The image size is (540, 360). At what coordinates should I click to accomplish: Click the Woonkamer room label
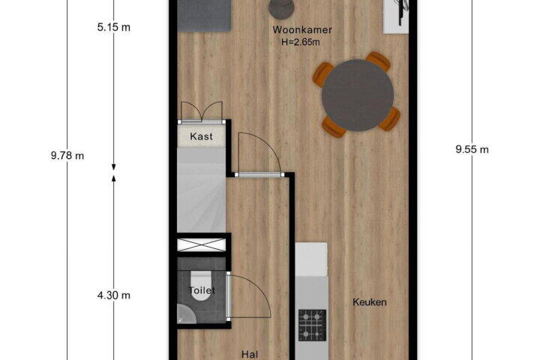302,30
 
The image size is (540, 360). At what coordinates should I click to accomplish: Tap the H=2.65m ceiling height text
300,42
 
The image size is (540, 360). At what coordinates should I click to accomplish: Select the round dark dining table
358,95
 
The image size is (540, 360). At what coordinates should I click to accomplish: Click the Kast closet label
201,136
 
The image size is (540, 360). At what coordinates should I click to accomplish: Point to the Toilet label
202,290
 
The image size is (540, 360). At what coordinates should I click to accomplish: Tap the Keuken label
370,302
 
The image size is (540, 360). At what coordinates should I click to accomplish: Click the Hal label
250,354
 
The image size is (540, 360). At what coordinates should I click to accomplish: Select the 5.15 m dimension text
114,27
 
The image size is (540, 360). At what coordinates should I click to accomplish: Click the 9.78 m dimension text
67,156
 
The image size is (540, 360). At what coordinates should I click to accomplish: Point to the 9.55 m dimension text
472,149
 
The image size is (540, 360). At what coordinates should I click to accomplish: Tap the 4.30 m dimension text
114,295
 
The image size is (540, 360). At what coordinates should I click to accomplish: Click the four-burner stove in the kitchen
312,325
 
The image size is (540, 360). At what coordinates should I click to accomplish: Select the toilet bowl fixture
202,285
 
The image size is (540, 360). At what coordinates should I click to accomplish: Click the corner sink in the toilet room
185,314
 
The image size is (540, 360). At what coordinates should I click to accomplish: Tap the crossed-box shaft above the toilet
202,244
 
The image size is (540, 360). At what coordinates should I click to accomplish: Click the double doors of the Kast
202,112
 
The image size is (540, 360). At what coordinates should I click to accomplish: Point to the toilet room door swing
250,296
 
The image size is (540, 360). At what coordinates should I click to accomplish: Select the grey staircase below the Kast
201,190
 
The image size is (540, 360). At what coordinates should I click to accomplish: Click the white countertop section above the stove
311,259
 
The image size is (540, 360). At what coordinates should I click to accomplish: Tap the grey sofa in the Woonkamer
205,16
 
